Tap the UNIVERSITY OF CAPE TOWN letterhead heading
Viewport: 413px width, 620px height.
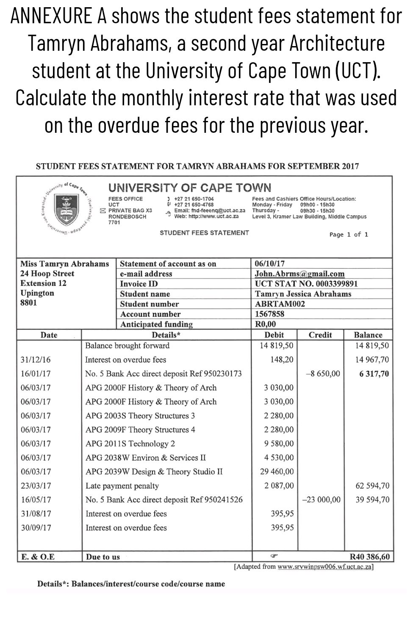189,188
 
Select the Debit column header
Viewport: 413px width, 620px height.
274,335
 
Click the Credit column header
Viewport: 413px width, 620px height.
320,335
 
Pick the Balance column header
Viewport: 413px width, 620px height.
368,335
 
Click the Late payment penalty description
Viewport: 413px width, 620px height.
122,486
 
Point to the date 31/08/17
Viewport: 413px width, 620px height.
36,514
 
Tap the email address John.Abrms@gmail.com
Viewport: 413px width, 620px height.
299,274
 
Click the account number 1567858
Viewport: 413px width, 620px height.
269,314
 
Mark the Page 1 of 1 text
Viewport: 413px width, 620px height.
348,234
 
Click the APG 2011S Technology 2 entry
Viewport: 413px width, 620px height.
130,444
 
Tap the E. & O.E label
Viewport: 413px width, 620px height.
38,557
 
